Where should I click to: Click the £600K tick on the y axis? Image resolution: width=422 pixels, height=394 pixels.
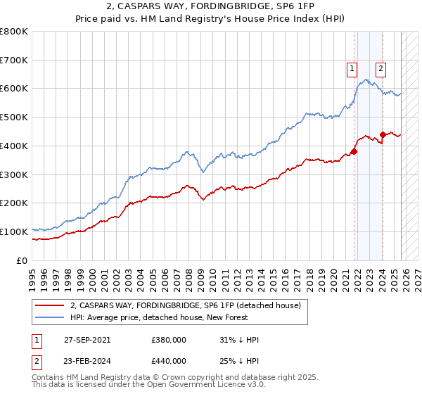(x=14, y=89)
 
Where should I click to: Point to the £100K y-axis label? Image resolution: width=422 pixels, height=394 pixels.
(x=14, y=231)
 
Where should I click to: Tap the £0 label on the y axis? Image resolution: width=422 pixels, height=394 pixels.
(x=22, y=260)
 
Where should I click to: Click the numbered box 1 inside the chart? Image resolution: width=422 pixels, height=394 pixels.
(x=351, y=68)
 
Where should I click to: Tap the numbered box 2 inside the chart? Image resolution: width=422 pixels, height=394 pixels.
(x=381, y=68)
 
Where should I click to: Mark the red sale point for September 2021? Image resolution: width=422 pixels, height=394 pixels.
(x=354, y=151)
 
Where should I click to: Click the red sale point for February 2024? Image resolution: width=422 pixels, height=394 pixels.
(x=383, y=134)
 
